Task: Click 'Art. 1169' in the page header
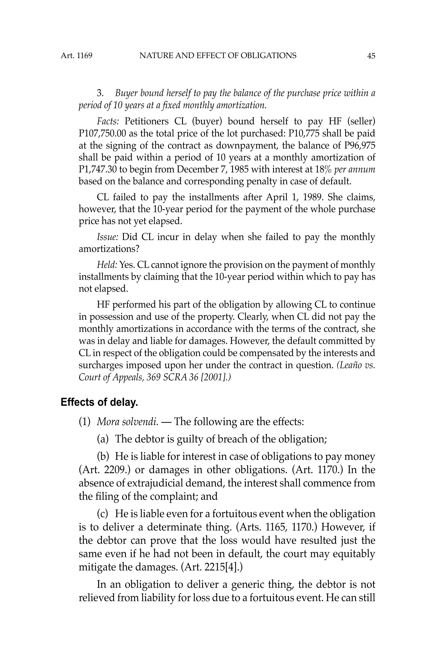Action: pos(76,56)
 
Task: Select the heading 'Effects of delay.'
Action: pos(99,402)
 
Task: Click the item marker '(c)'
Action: pos(103,513)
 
